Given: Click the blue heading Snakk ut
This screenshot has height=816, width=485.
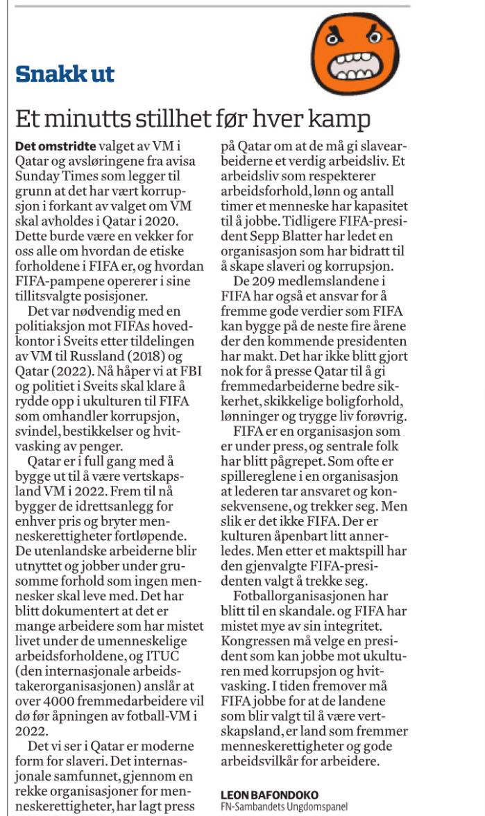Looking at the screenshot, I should coord(65,74).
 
